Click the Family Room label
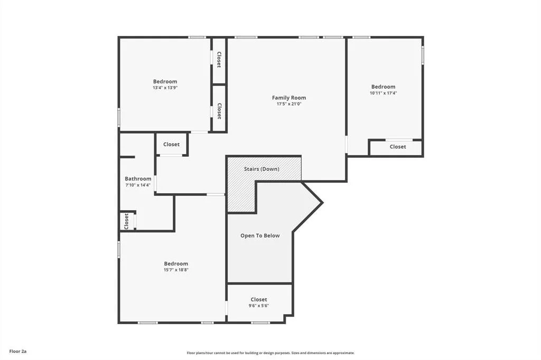click(x=289, y=98)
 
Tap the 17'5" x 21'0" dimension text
click(x=289, y=104)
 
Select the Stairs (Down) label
click(x=262, y=169)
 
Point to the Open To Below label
click(x=260, y=235)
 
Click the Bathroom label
click(x=138, y=178)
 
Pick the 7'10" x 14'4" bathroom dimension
click(x=138, y=185)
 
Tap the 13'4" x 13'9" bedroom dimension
click(x=165, y=88)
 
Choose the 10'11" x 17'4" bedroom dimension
click(x=384, y=93)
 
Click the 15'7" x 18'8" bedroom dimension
click(x=176, y=270)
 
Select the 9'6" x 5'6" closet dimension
click(x=259, y=306)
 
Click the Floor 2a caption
click(x=18, y=352)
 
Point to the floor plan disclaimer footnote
click(x=270, y=353)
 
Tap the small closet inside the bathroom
click(x=126, y=221)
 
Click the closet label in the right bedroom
click(x=398, y=147)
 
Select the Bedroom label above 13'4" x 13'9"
click(x=165, y=81)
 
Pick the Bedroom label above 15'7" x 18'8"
click(x=176, y=263)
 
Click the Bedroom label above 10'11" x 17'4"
click(x=384, y=87)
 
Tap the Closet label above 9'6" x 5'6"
click(x=259, y=299)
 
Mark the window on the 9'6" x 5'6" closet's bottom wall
click(x=260, y=323)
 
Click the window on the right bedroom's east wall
click(x=423, y=55)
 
